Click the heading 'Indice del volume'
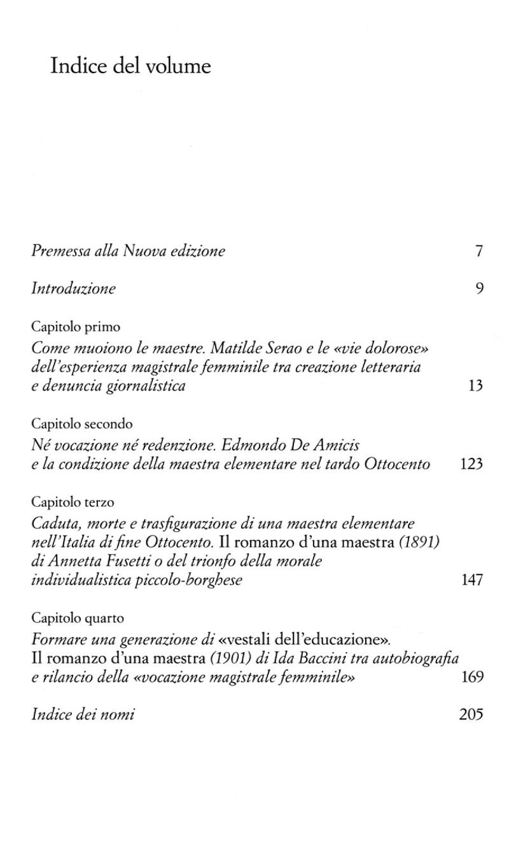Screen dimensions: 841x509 [x=130, y=66]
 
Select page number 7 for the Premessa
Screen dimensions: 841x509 [x=479, y=251]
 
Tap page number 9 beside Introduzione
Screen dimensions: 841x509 [x=479, y=288]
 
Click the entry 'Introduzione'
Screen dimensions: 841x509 [x=74, y=288]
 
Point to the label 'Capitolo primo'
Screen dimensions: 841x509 [x=76, y=327]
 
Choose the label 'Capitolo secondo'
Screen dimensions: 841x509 [x=81, y=423]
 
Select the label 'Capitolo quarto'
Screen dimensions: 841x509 [x=78, y=618]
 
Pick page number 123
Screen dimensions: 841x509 [x=471, y=464]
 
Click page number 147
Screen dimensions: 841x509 [x=471, y=579]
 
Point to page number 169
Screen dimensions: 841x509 [x=471, y=676]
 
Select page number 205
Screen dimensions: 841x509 [x=471, y=714]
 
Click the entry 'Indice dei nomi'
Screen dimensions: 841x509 [x=83, y=714]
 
